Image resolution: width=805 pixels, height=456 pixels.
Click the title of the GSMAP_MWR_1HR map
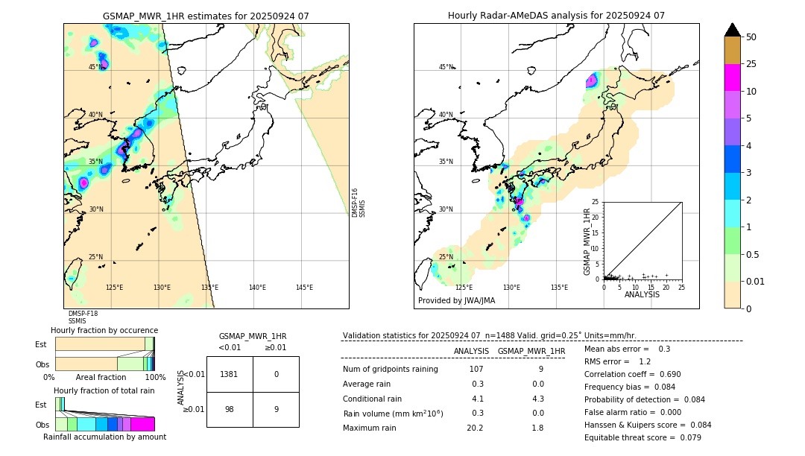[x=206, y=16]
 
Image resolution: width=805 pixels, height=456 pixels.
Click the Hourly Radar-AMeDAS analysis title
[x=556, y=16]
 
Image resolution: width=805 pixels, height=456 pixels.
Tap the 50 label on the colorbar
[x=751, y=37]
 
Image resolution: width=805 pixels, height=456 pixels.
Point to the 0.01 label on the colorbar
[x=756, y=281]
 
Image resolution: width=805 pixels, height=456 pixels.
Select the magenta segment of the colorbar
[x=732, y=77]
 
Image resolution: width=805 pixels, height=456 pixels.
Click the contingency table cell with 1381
[x=230, y=374]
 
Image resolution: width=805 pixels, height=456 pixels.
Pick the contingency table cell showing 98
[x=230, y=409]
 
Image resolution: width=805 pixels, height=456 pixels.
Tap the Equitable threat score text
[x=643, y=437]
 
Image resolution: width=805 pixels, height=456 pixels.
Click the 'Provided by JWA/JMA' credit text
[x=456, y=300]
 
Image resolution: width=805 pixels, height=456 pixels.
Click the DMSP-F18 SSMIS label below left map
[x=83, y=317]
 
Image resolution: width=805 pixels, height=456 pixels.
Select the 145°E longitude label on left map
[x=304, y=287]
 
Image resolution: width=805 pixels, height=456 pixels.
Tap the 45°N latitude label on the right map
[x=446, y=67]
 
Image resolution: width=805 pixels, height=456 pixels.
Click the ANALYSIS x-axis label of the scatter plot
[x=642, y=294]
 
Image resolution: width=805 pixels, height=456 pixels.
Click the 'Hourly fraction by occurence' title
[x=104, y=330]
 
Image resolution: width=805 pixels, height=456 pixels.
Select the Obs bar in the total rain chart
[x=104, y=424]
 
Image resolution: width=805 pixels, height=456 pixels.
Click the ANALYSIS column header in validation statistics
[x=471, y=351]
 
